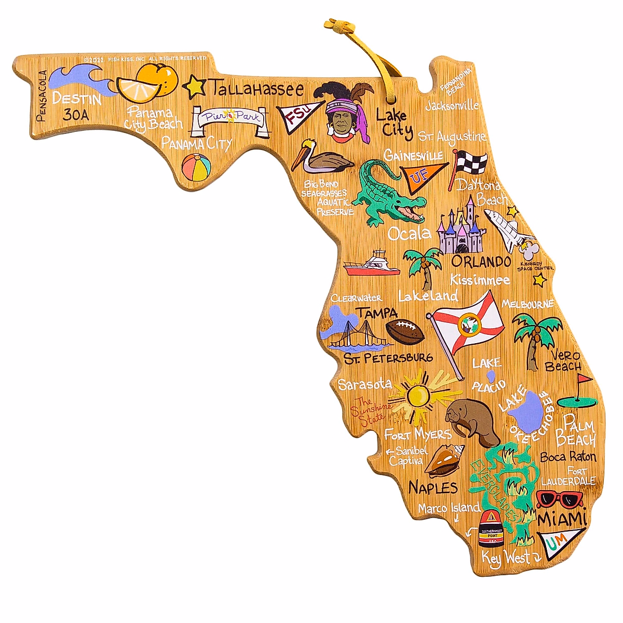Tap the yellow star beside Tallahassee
point(195,87)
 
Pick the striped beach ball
point(196,166)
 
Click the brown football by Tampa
point(405,331)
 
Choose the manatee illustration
point(471,421)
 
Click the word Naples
point(433,487)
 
